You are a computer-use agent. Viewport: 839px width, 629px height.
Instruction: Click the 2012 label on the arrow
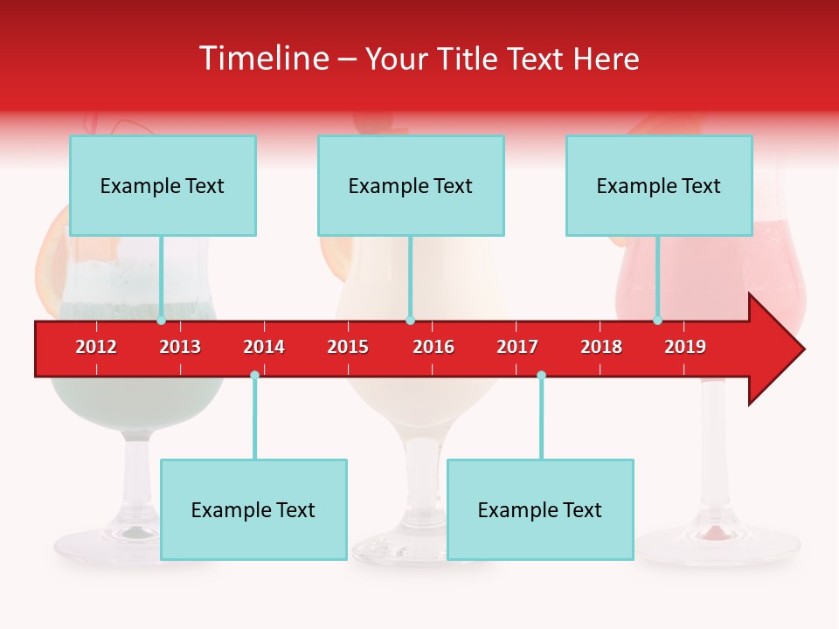coord(96,347)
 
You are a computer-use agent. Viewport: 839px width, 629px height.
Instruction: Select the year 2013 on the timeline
coord(180,347)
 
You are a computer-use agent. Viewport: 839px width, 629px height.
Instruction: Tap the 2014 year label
coord(264,347)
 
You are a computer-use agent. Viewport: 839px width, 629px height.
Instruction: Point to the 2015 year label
coord(348,347)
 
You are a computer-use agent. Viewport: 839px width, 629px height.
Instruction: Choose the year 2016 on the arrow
coord(433,347)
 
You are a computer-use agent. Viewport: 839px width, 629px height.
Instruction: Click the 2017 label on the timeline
coord(517,347)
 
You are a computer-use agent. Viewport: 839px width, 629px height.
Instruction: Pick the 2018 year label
coord(601,347)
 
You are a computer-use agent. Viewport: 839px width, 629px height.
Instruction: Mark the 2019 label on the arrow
coord(685,347)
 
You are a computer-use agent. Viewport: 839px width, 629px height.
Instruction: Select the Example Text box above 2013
coord(163,185)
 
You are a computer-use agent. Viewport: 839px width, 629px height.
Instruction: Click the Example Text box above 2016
coord(411,185)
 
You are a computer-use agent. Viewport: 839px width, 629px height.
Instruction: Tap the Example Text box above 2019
coord(659,185)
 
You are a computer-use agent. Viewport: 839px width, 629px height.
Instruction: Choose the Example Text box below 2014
coord(253,509)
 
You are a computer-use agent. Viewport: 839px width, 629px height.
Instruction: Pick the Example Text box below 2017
coord(540,509)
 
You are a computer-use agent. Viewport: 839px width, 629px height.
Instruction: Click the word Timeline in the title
coord(262,59)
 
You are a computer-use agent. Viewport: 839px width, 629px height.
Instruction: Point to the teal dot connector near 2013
coord(161,321)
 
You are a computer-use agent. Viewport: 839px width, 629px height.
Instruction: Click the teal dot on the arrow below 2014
coord(254,376)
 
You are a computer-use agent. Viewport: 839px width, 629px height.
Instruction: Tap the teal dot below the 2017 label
coord(541,376)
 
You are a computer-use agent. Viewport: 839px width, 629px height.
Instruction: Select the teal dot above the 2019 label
coord(657,321)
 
